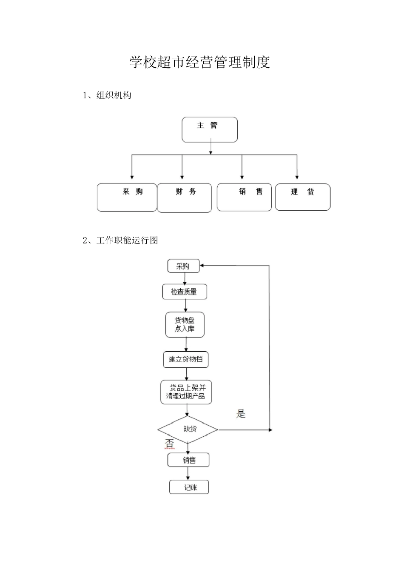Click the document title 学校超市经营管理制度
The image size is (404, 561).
199,63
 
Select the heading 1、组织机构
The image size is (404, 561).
107,95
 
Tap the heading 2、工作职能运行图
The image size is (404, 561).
120,240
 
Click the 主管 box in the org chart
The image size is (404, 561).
209,130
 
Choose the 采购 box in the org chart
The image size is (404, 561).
127,197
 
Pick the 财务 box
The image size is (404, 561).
184,197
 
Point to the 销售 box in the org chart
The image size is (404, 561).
244,197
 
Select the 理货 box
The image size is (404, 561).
302,197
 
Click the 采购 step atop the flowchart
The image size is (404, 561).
183,266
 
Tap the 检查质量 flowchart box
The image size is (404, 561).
185,292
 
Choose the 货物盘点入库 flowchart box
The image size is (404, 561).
185,325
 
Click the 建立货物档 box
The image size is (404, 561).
185,360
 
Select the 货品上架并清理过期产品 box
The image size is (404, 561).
186,392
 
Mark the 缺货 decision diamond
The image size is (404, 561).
188,429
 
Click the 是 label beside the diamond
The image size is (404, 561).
241,414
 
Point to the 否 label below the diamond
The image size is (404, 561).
169,444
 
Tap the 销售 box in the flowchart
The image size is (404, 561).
188,460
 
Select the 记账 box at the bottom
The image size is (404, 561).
189,487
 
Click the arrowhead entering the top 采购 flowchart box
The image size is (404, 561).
202,266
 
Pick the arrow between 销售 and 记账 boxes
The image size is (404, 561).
188,474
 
